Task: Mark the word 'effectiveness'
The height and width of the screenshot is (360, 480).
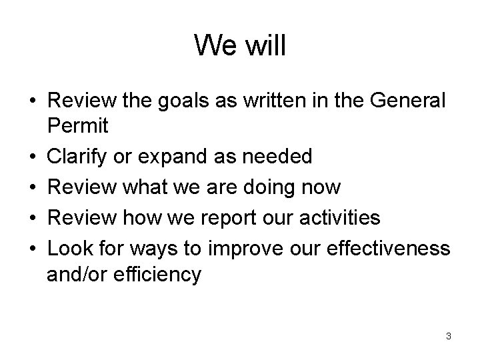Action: coord(385,248)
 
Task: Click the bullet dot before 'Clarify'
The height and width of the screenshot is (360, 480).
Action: coord(33,157)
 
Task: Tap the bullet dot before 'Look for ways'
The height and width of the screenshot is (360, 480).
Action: coord(33,249)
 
